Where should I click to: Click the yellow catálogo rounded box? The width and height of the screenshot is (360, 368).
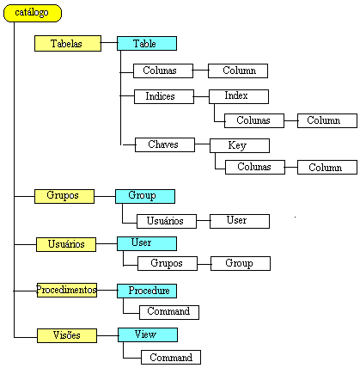pos(33,13)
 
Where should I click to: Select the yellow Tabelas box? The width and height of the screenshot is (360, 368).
pos(68,44)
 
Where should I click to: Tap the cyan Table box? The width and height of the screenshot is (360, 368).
pos(147,44)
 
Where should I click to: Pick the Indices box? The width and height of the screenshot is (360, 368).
pos(164,96)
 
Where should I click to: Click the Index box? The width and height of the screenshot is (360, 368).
pos(239,96)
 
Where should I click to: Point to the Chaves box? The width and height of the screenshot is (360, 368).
pos(165,144)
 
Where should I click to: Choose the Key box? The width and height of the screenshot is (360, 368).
pos(240,145)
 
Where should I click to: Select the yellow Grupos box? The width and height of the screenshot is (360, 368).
pos(64,196)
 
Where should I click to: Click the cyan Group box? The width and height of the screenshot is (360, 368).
pos(145,196)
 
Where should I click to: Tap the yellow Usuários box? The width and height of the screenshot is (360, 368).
pos(66,244)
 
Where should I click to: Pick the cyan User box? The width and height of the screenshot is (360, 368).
pos(147,243)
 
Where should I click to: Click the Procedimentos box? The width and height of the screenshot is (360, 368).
pos(67,290)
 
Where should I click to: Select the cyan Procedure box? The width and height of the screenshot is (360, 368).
pos(147,291)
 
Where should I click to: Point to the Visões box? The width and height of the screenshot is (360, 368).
pos(67,335)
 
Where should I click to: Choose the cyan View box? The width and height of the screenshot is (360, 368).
pos(148,334)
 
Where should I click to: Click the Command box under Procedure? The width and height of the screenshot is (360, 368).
pos(169,312)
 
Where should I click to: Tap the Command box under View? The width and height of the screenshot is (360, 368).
pos(171,357)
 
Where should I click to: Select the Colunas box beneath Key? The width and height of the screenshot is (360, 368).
pos(255,167)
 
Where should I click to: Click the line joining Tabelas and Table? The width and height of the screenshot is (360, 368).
pos(109,43)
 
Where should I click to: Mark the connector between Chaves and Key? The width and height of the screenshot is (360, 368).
pos(202,144)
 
